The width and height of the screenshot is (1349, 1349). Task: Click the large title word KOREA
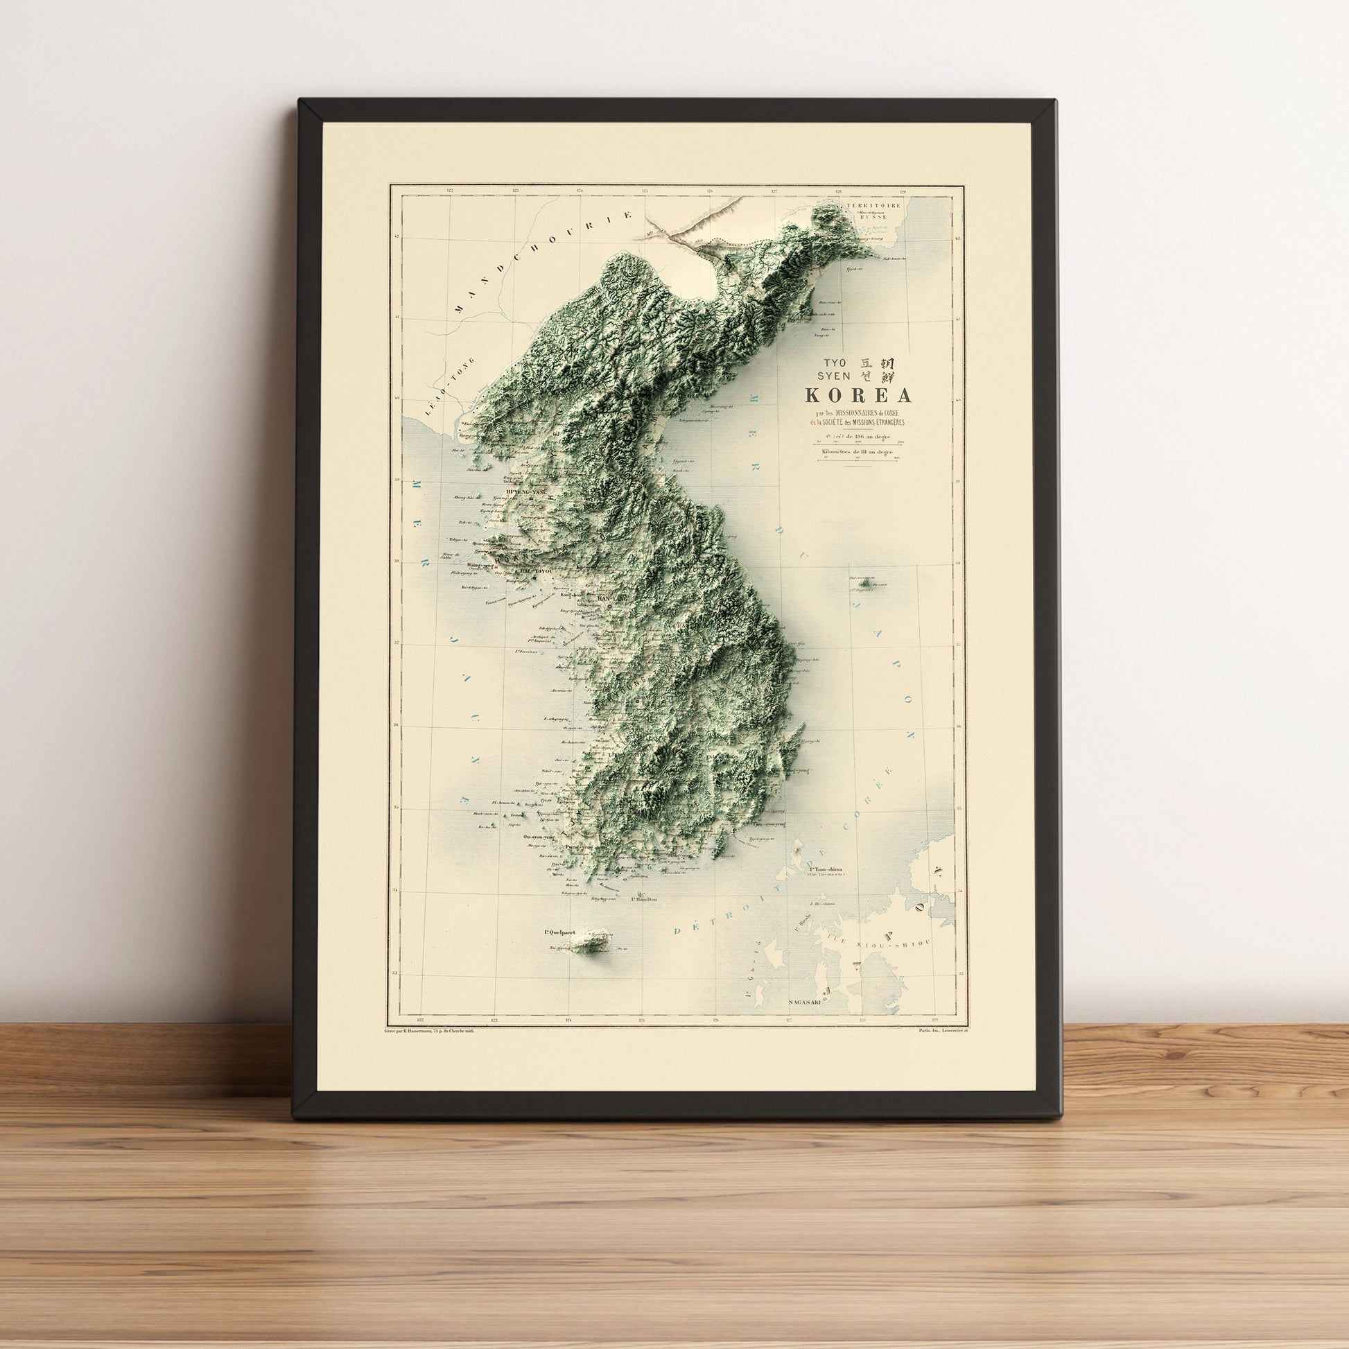click(859, 396)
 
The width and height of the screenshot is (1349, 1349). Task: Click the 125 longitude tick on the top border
click(645, 190)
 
